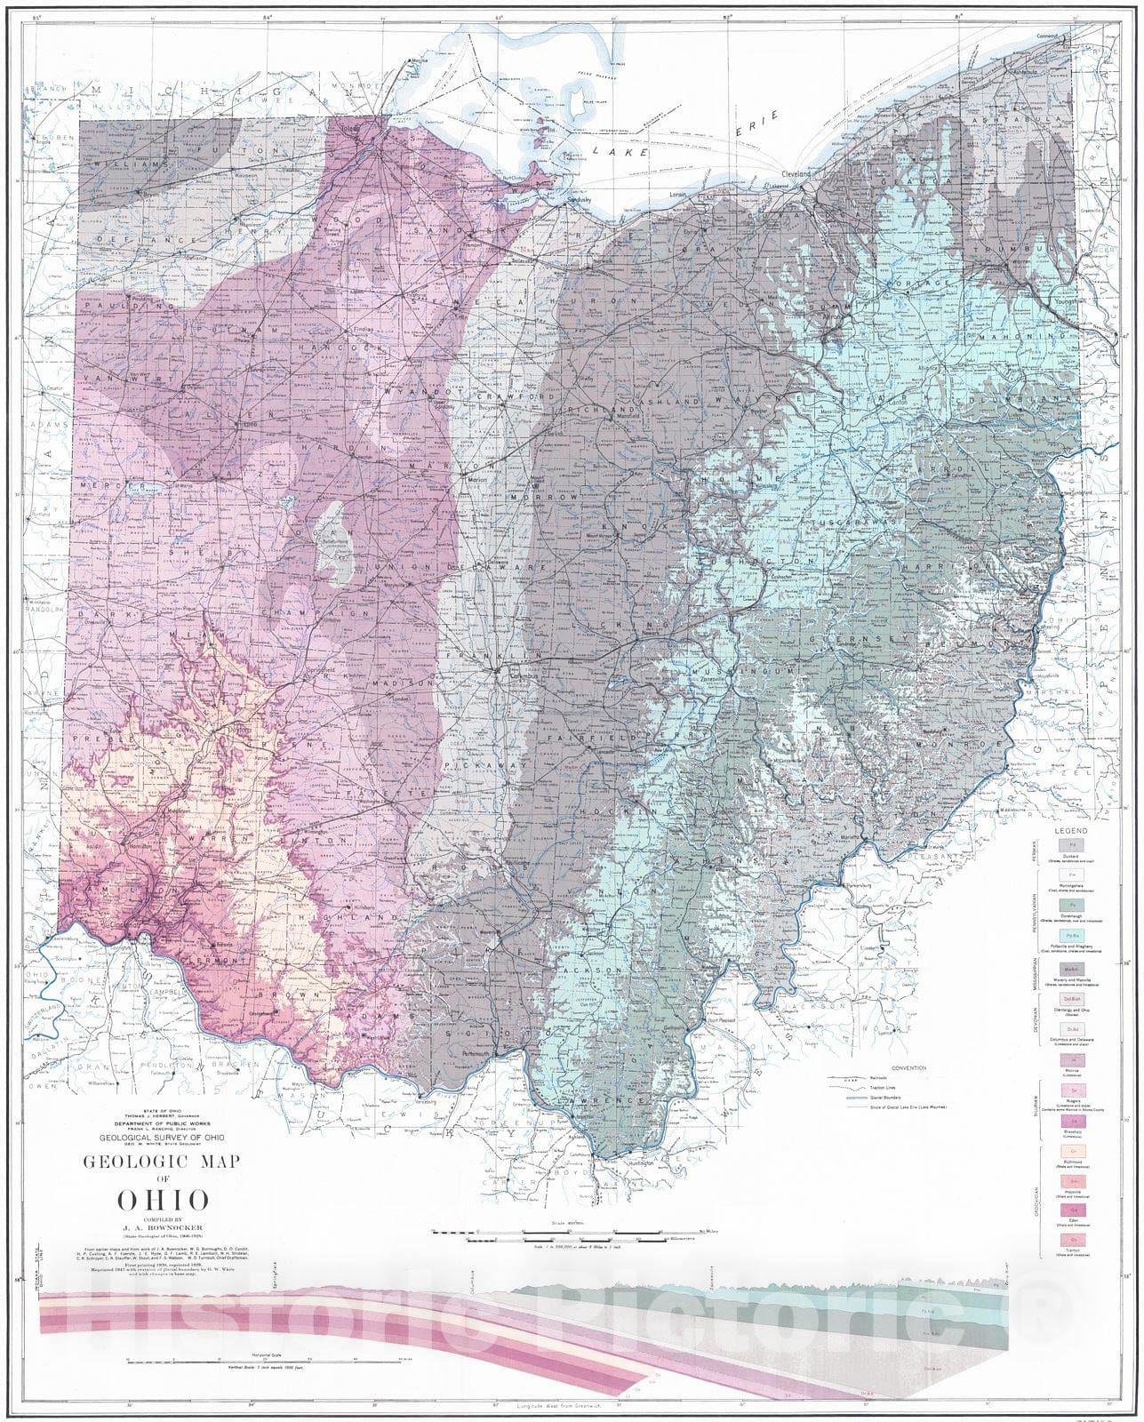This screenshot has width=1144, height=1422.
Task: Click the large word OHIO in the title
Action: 164,1200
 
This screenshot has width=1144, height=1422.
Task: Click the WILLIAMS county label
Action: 133,165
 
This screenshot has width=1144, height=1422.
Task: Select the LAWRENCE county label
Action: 614,1101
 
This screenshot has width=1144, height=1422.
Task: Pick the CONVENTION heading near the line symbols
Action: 908,1067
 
